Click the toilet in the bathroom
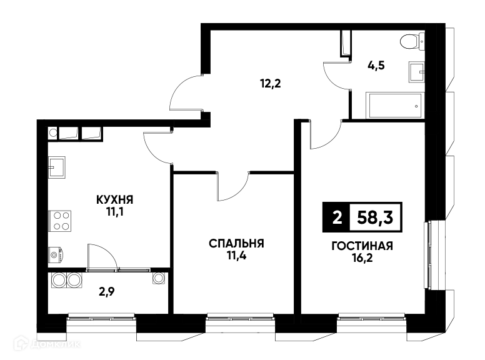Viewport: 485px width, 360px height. pyautogui.click(x=412, y=42)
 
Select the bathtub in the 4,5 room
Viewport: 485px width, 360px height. pyautogui.click(x=396, y=105)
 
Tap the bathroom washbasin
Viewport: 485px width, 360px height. pyautogui.click(x=417, y=72)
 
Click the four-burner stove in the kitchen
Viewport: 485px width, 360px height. pyautogui.click(x=60, y=221)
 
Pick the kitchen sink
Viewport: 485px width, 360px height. pyautogui.click(x=57, y=167)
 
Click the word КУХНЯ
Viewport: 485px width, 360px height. pyautogui.click(x=115, y=200)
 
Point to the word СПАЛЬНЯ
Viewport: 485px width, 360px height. pyautogui.click(x=236, y=243)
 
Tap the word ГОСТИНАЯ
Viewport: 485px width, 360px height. pyautogui.click(x=362, y=246)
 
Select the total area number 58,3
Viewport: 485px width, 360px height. pyautogui.click(x=375, y=217)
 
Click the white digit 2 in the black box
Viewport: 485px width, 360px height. pyautogui.click(x=337, y=217)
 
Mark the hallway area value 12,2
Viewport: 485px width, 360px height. pyautogui.click(x=271, y=83)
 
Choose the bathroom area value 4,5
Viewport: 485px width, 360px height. pyautogui.click(x=376, y=66)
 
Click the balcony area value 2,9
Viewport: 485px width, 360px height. pyautogui.click(x=107, y=292)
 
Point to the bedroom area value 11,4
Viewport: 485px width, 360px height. pyautogui.click(x=236, y=256)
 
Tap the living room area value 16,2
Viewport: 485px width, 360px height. pyautogui.click(x=362, y=258)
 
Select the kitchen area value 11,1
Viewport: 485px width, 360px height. pyautogui.click(x=115, y=212)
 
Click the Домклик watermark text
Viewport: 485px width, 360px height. pyautogui.click(x=56, y=344)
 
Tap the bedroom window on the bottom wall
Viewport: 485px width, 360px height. pyautogui.click(x=241, y=317)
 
